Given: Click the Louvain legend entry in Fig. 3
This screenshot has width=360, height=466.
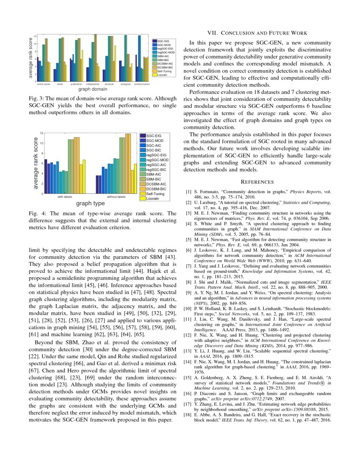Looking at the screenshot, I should pos(162,75).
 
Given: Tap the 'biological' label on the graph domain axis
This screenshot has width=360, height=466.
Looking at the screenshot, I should pos(125,84).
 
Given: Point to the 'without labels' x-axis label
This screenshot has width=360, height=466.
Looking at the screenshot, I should pos(116,197).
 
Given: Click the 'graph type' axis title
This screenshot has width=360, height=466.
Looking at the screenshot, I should pos(90,204).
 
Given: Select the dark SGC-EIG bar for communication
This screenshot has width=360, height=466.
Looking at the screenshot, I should pos(136,68).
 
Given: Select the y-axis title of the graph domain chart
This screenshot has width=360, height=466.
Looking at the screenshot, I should pos(30,58).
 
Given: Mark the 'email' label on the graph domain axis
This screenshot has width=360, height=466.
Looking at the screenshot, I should pos(60,84).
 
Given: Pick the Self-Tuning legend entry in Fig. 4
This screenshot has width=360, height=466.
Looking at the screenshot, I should pos(156,194).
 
